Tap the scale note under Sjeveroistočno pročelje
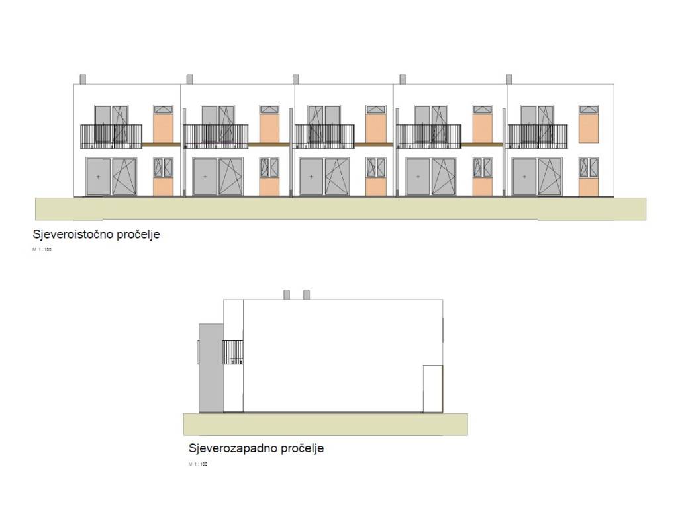click(x=42, y=250)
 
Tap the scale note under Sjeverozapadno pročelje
click(x=198, y=464)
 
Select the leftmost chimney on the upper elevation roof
click(x=83, y=79)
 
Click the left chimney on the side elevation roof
click(x=287, y=294)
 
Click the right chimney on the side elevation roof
click(x=306, y=294)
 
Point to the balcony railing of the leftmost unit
click(x=111, y=136)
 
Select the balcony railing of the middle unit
click(x=324, y=136)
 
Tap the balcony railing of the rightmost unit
click(x=537, y=136)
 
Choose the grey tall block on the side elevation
click(x=211, y=368)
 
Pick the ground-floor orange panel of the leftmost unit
click(x=163, y=187)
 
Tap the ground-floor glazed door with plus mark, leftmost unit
click(x=98, y=177)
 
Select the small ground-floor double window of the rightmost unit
click(x=589, y=167)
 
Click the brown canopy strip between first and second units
click(x=162, y=145)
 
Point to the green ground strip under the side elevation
click(x=325, y=424)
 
